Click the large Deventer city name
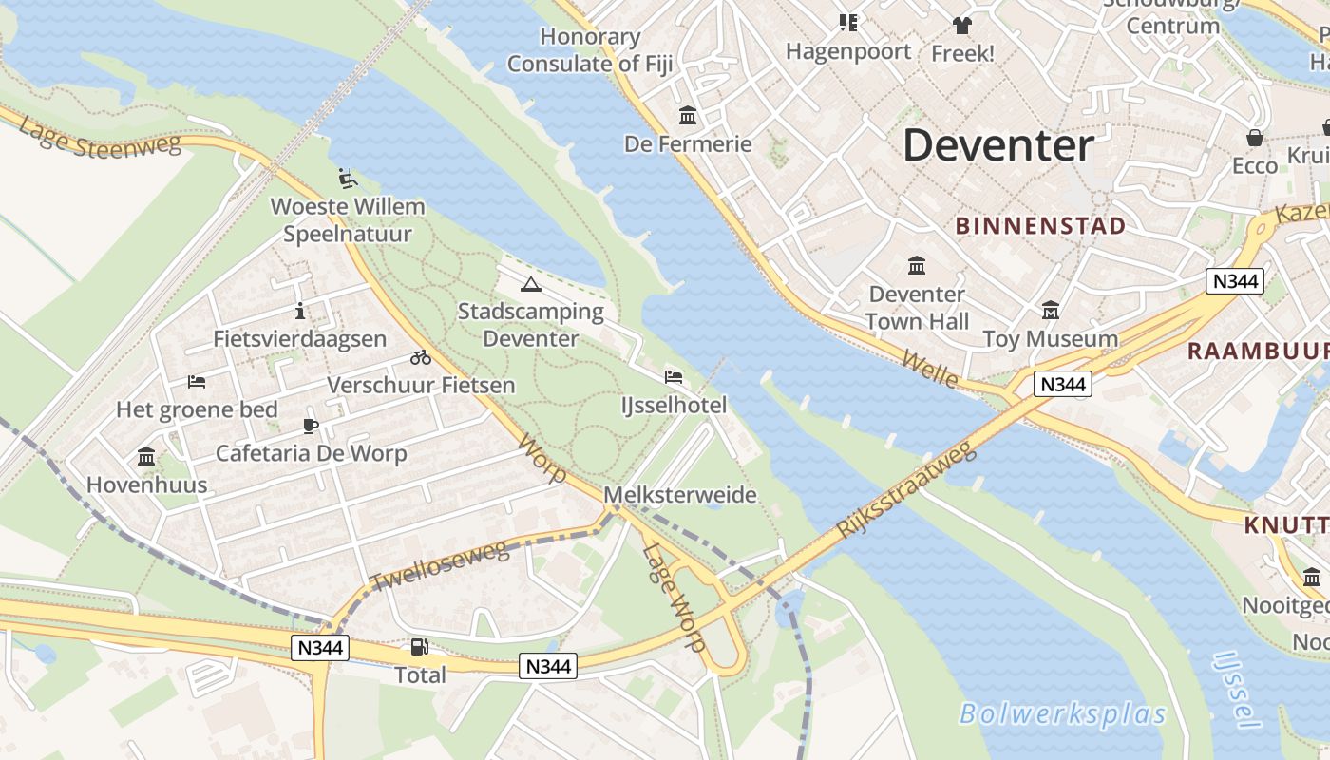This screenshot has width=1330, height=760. [x=997, y=146]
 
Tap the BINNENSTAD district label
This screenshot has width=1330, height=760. [x=1040, y=226]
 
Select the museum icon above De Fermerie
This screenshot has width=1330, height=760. [x=687, y=116]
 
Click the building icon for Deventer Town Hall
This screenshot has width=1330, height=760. [x=917, y=265]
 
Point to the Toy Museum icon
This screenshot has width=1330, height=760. [x=1050, y=311]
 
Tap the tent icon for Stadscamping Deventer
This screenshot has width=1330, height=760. [x=530, y=284]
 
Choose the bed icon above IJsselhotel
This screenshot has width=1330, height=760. [x=674, y=377]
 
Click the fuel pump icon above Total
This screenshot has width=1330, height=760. [x=419, y=647]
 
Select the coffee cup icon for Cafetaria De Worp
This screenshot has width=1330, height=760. [x=311, y=425]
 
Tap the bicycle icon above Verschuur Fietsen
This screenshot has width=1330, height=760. [x=421, y=357]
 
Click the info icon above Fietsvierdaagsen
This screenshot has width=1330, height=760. [x=300, y=311]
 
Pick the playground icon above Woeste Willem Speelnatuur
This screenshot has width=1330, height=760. [x=348, y=178]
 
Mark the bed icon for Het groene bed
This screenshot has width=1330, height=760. [x=197, y=382]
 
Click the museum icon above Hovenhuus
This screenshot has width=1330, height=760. [x=146, y=457]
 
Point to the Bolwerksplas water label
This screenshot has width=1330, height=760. [x=1062, y=713]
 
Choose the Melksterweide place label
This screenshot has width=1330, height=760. [x=680, y=495]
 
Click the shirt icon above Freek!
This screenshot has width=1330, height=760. [x=962, y=25]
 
